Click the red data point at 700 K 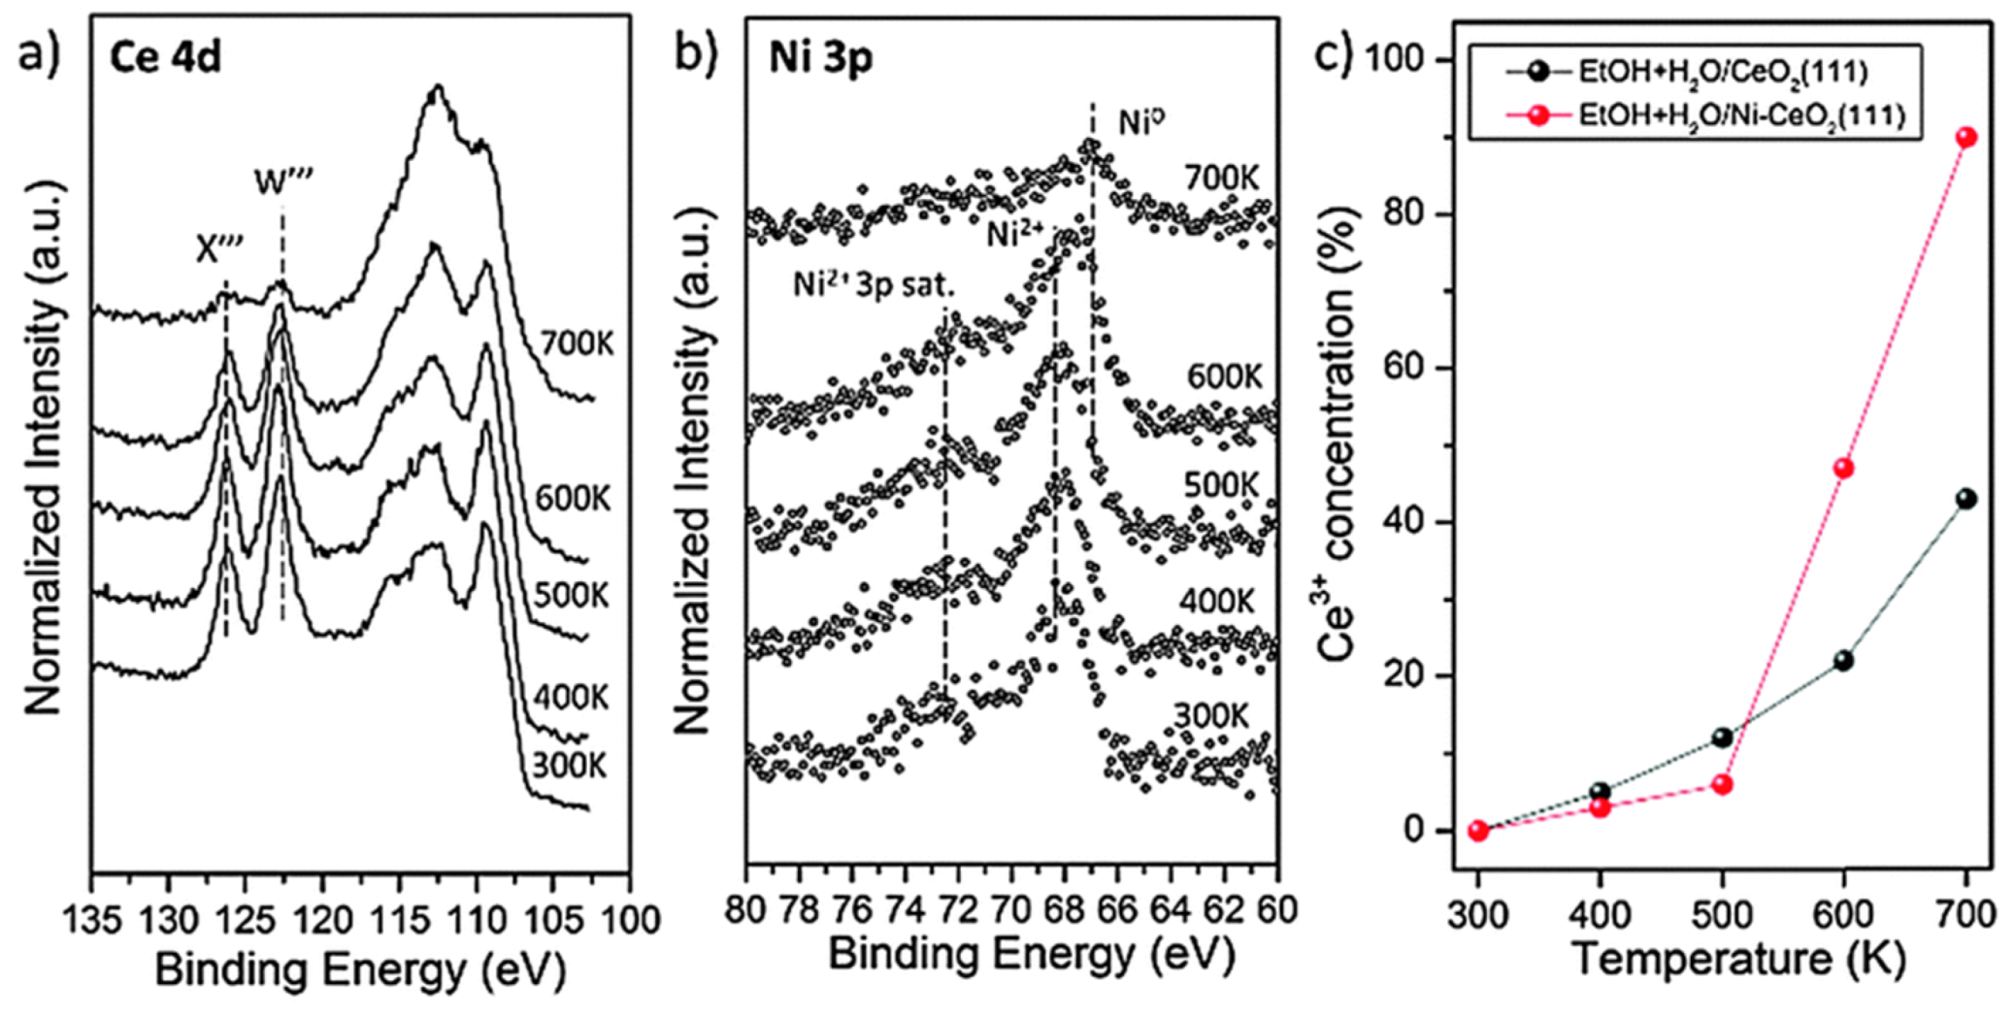coord(1966,138)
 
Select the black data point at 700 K coord(1966,499)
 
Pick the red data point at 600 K coord(1844,469)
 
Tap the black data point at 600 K coord(1844,661)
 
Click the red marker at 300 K coord(1478,831)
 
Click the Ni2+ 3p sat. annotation coord(873,284)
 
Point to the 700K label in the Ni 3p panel coord(1220,179)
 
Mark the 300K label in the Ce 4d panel coord(569,766)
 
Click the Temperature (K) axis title coord(1737,961)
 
